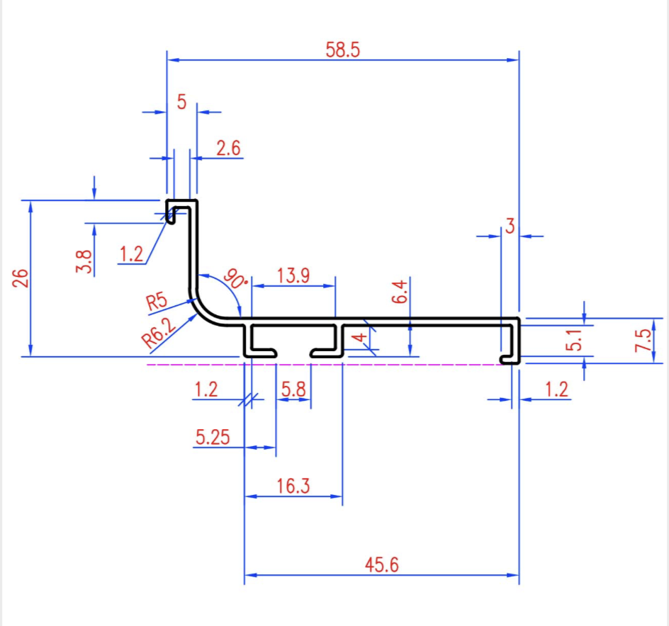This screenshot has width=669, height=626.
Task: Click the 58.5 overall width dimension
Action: [x=342, y=50]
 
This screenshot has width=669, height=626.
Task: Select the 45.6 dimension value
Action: [x=382, y=564]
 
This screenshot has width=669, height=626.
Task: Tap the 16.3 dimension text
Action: [x=293, y=486]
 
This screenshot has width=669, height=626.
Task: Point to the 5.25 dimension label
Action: [x=213, y=437]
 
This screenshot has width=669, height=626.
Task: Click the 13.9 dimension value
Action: [x=293, y=275]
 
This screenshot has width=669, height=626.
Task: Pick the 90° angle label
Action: [x=235, y=279]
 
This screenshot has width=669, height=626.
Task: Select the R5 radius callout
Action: [x=157, y=302]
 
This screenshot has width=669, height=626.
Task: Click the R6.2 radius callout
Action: [x=158, y=334]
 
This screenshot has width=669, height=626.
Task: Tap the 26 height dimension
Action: [x=21, y=278]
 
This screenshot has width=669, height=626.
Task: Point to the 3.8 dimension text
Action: [x=84, y=261]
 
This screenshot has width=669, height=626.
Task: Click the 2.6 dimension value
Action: [x=228, y=149]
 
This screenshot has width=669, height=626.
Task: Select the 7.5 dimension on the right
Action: [x=643, y=341]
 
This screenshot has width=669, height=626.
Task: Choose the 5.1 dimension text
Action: [x=574, y=340]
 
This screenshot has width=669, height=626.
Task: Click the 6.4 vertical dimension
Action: [x=400, y=292]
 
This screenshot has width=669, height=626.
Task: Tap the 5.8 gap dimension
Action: [x=293, y=389]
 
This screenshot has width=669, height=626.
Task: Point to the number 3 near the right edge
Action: [x=510, y=226]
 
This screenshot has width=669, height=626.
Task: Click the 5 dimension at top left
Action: [x=181, y=102]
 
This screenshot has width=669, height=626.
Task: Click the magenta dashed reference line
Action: [x=325, y=365]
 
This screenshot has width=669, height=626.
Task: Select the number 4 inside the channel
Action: [x=361, y=337]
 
